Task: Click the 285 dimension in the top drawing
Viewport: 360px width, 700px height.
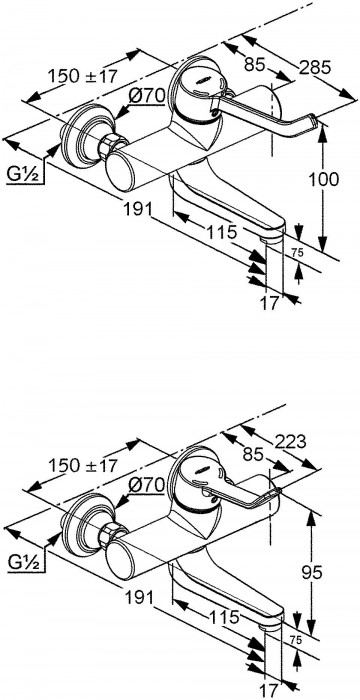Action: (315, 67)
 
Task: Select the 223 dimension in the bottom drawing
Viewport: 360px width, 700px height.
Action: (290, 442)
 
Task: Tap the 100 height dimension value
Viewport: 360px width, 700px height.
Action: (324, 179)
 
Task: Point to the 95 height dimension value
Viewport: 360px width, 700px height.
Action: (311, 572)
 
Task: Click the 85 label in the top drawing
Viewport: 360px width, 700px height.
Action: (255, 65)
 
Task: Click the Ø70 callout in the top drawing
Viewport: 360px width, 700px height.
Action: (147, 95)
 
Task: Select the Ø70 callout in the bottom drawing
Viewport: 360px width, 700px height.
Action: (147, 485)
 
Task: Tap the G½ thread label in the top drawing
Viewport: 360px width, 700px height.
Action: (25, 175)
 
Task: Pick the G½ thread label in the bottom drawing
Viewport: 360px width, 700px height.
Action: (25, 563)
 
